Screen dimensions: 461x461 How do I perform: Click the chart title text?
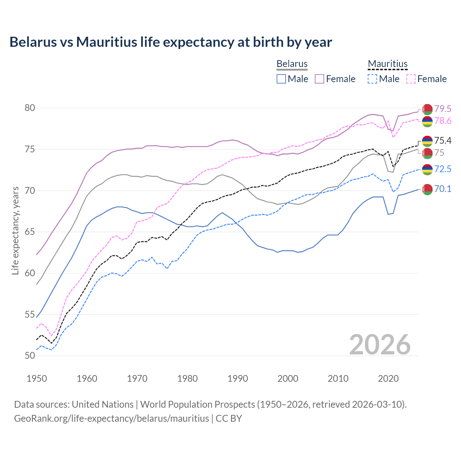click(x=171, y=42)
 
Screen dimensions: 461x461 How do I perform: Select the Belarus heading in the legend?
click(x=292, y=64)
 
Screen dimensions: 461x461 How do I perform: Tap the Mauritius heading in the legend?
click(x=388, y=64)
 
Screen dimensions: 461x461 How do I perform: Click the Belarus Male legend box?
click(x=281, y=79)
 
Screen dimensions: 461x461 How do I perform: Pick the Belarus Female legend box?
click(x=319, y=79)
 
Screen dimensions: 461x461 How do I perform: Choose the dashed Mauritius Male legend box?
click(x=372, y=79)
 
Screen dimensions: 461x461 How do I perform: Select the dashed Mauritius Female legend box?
click(x=411, y=79)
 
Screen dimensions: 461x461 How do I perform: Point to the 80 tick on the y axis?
click(x=30, y=108)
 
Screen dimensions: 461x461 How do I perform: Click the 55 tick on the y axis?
click(x=30, y=314)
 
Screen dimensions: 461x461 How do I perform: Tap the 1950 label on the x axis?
click(x=37, y=379)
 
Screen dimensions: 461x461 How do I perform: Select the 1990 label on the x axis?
click(x=238, y=379)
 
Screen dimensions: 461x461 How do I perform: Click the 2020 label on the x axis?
click(x=388, y=379)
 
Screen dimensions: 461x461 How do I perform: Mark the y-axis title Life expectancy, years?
click(x=15, y=230)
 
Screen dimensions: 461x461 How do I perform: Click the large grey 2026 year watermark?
click(x=380, y=345)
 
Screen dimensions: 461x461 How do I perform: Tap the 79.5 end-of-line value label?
click(x=443, y=109)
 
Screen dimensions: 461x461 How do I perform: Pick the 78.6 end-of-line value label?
click(x=443, y=121)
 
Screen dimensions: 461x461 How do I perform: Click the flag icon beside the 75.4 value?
click(x=427, y=141)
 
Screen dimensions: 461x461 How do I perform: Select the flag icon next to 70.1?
click(x=427, y=189)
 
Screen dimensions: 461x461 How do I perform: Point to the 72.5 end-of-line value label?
click(x=443, y=169)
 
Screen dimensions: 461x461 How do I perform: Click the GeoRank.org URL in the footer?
click(x=112, y=419)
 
